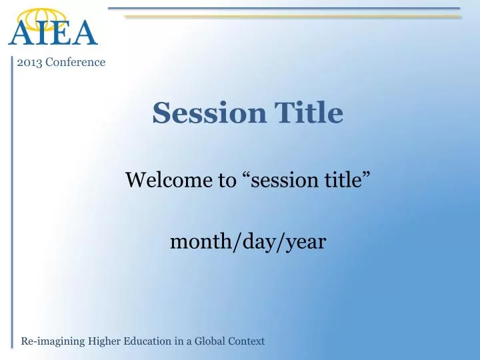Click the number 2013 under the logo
point(29,62)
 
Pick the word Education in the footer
point(149,341)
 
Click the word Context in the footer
point(247,341)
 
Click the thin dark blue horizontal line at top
point(283,9)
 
